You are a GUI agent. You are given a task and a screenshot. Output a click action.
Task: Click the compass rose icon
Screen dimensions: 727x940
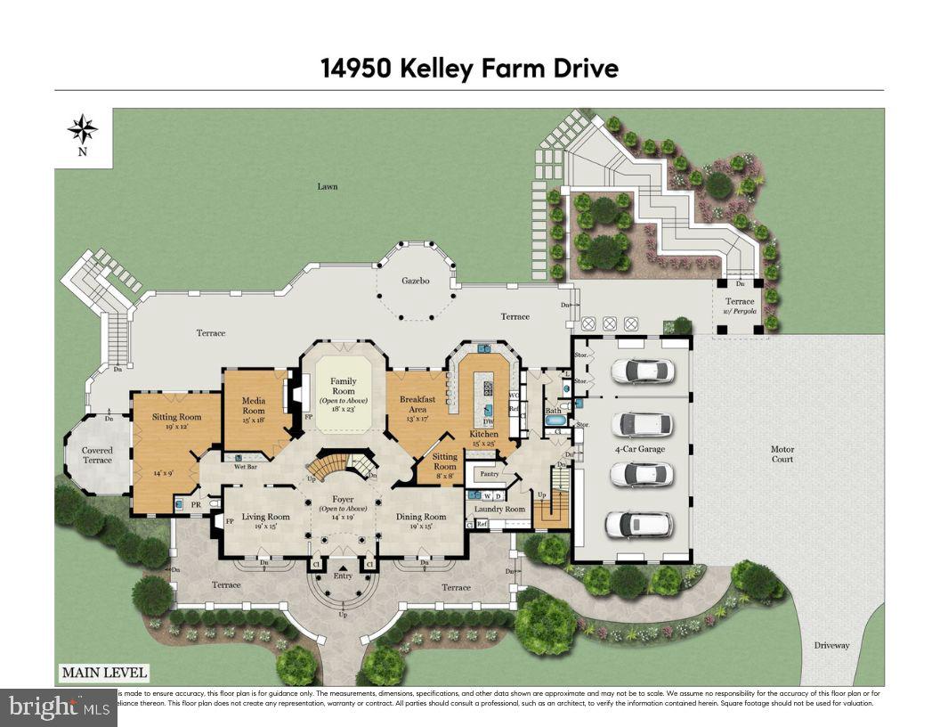[x=83, y=130]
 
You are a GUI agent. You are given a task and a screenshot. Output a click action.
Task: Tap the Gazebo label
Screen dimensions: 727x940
[x=415, y=281]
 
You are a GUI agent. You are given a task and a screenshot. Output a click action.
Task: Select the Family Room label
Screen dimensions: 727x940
[x=343, y=386]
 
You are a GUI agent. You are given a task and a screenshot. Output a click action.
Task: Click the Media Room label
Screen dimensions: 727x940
[x=254, y=405]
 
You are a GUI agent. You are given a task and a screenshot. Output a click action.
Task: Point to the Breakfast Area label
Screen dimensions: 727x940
[x=417, y=404]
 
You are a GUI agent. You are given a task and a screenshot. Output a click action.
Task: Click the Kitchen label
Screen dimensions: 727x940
[x=484, y=434]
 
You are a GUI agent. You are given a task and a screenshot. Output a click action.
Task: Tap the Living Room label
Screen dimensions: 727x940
[x=266, y=517]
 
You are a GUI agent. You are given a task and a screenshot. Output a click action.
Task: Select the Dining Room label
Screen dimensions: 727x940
[x=421, y=517]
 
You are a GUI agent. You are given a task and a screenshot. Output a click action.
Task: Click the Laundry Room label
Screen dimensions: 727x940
[x=501, y=510]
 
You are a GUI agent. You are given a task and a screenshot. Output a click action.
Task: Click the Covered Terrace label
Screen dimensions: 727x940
[x=97, y=455]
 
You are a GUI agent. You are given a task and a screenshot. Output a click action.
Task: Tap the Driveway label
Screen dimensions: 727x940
[x=832, y=645]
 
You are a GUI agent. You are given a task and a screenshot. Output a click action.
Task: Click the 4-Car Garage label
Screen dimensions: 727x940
[x=640, y=449]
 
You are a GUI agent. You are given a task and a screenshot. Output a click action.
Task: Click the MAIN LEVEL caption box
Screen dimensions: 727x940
[x=103, y=673]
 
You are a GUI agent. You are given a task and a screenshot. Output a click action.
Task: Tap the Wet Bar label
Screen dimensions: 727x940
[x=246, y=466]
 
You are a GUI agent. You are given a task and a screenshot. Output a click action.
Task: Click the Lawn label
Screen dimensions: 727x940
[x=328, y=186]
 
